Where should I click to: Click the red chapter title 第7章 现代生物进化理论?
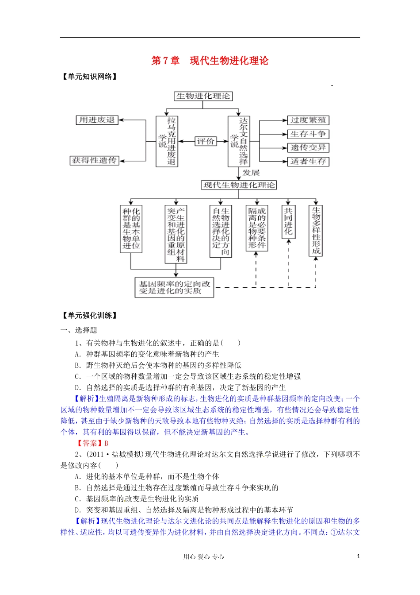point(210,61)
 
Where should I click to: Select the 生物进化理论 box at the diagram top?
point(203,96)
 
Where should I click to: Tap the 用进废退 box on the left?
point(97,120)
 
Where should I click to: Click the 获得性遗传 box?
point(95,160)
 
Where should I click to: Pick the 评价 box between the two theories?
point(206,141)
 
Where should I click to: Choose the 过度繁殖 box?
point(308,120)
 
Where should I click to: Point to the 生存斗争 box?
point(308,134)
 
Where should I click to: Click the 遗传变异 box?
point(308,148)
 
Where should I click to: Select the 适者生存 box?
point(308,162)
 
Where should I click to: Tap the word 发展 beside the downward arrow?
point(251,173)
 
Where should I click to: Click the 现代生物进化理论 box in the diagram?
point(239,185)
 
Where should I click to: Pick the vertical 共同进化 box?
point(288,221)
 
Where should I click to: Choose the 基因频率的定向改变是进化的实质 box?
point(174,287)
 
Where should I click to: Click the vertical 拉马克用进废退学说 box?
point(167,141)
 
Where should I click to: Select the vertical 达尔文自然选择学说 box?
point(239,141)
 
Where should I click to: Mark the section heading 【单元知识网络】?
point(90,77)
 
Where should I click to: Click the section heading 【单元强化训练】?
point(90,316)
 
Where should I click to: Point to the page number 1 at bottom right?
point(358,556)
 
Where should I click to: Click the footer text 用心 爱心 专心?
point(204,557)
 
